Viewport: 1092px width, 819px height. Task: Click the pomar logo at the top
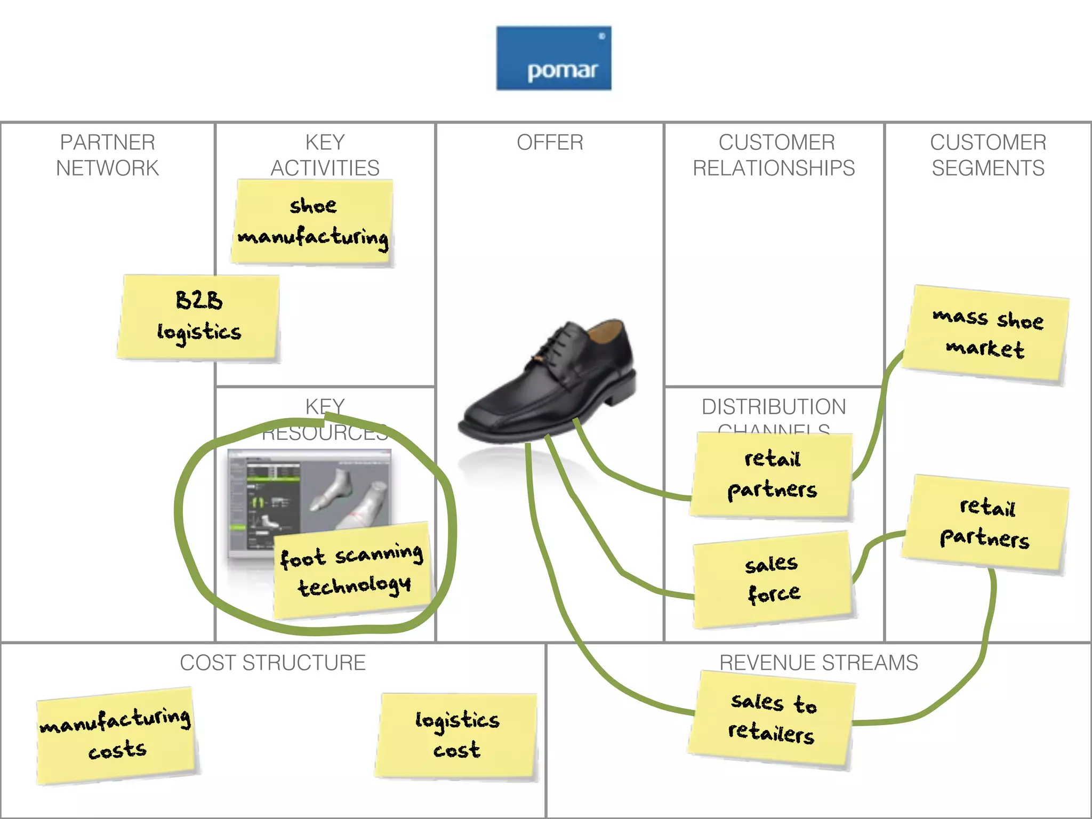(x=553, y=58)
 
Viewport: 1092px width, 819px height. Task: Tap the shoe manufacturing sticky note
(x=313, y=222)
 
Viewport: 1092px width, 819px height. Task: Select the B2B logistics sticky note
(x=199, y=317)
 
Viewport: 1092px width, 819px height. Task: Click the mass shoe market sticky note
(x=986, y=334)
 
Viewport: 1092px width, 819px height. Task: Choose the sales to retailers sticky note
(x=772, y=719)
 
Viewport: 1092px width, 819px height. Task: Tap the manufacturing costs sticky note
(x=116, y=735)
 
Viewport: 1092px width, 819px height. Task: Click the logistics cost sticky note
(x=457, y=735)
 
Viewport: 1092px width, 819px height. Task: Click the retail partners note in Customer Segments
(x=986, y=523)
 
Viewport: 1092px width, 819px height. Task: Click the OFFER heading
(x=550, y=142)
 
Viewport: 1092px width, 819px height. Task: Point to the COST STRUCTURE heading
(x=272, y=663)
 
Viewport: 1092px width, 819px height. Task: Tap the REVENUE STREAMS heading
(x=818, y=663)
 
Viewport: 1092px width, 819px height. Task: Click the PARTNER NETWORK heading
(x=107, y=155)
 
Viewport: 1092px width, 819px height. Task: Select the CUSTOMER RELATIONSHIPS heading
(x=774, y=155)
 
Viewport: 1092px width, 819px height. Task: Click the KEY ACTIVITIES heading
(x=325, y=155)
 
